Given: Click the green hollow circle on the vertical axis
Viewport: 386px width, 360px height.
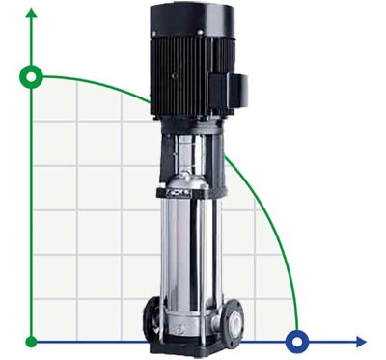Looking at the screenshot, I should (x=33, y=76).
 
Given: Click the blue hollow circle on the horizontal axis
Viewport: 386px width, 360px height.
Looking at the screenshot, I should (x=297, y=341).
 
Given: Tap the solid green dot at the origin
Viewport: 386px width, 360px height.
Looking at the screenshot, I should (x=33, y=341).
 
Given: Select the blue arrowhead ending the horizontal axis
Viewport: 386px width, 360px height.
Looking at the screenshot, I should (x=361, y=341).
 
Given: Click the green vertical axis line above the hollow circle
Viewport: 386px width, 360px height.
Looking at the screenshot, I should (x=33, y=43).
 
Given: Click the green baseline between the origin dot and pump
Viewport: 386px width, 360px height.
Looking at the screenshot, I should (x=87, y=341).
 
